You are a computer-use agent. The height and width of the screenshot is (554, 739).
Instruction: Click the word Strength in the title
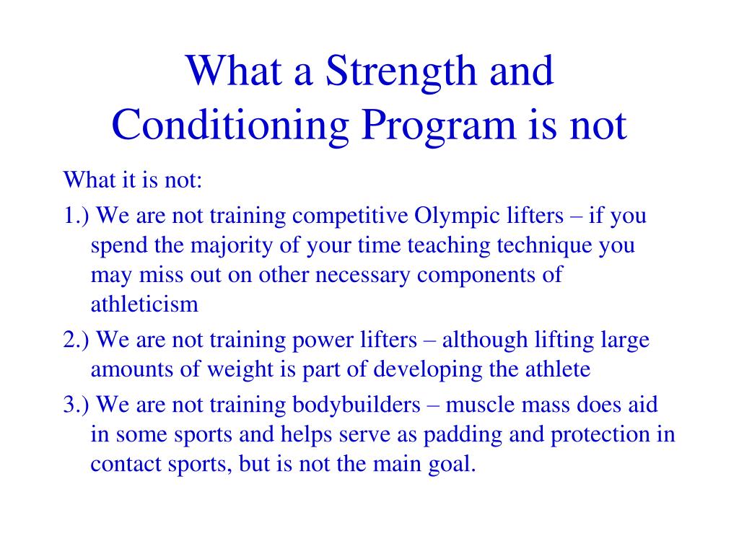[x=388, y=73]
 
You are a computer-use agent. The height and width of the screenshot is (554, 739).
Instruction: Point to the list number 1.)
[x=76, y=216]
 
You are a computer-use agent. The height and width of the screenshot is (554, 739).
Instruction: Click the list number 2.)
[x=76, y=340]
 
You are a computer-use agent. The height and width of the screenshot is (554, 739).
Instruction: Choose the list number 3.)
[x=76, y=405]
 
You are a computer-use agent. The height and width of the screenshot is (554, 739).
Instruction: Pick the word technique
[x=546, y=246]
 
